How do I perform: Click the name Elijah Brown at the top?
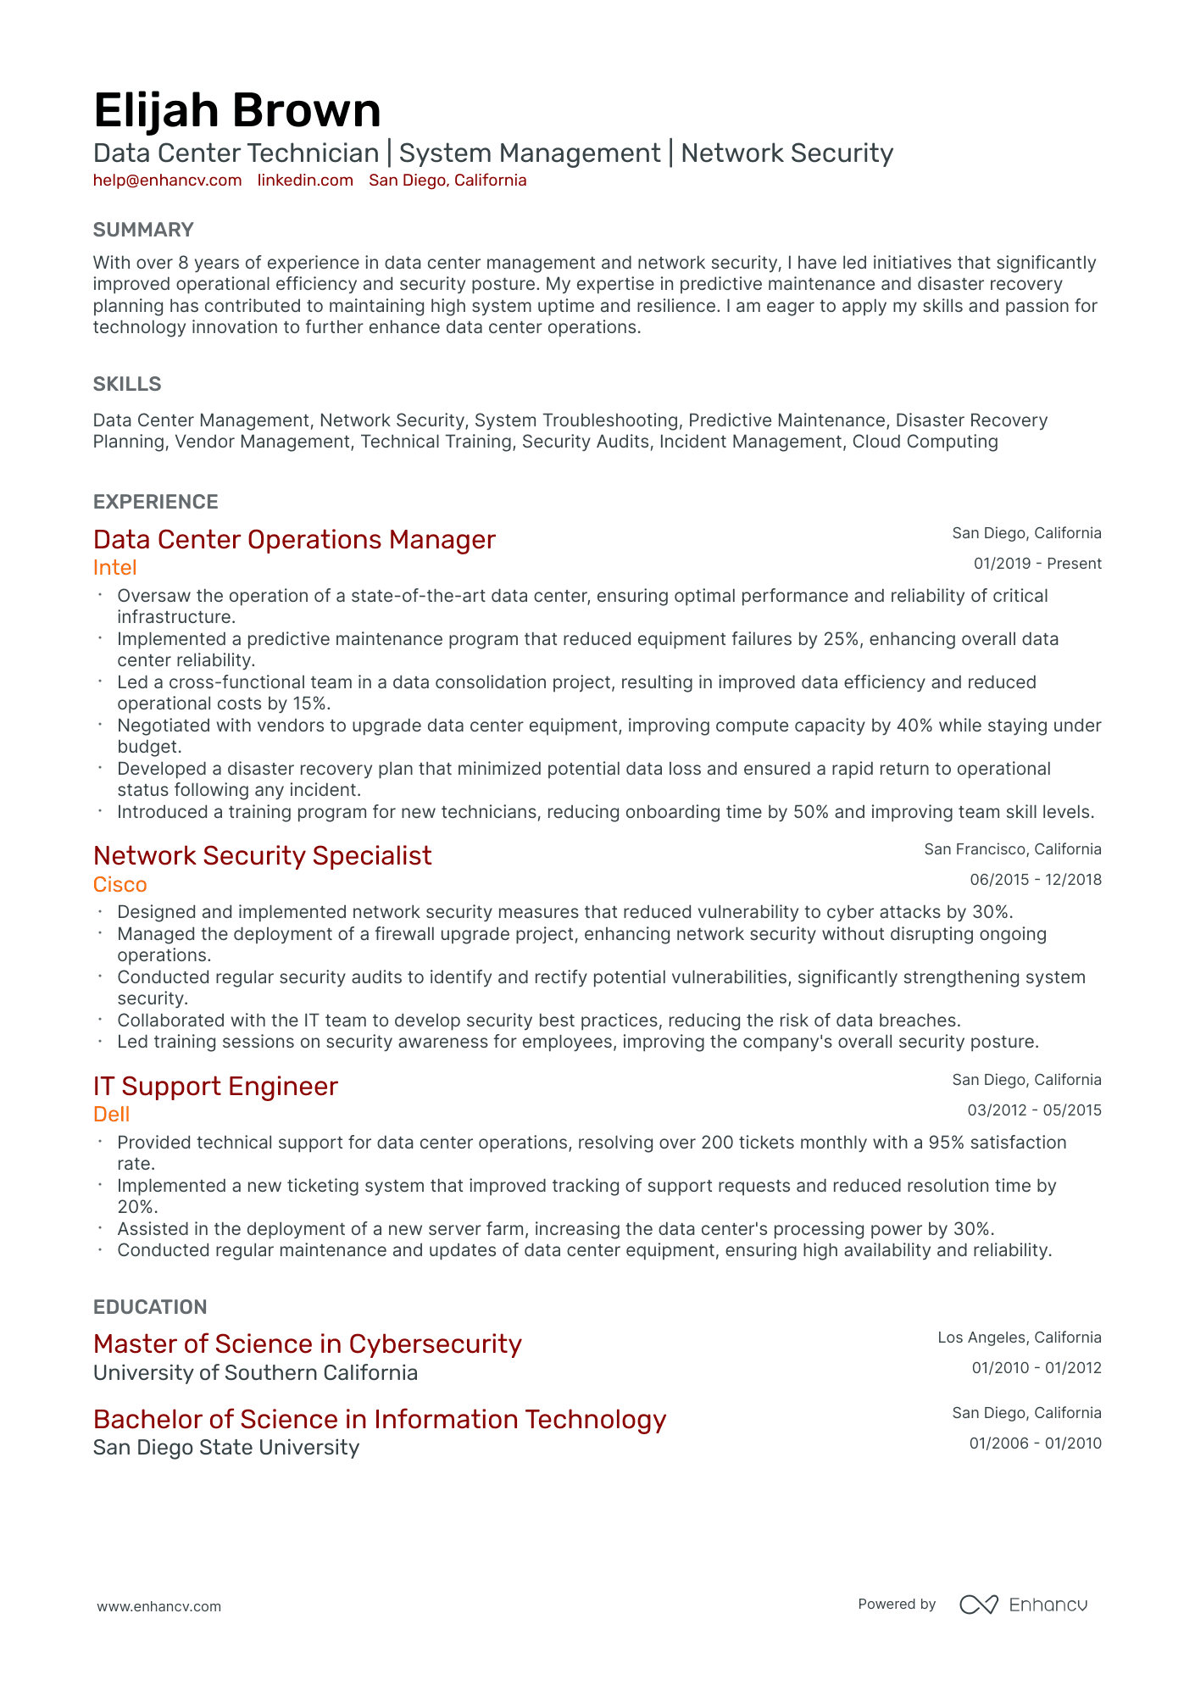(x=236, y=111)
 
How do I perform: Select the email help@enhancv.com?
(x=167, y=181)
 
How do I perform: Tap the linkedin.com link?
(x=305, y=181)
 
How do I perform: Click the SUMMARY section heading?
(x=143, y=230)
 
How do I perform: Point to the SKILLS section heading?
(x=127, y=384)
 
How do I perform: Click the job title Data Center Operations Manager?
(x=294, y=540)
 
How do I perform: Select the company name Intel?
(x=114, y=568)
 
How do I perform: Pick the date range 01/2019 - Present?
(x=1037, y=564)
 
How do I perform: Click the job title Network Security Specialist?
(x=262, y=856)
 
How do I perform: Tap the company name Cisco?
(x=119, y=885)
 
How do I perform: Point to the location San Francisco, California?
(x=1012, y=849)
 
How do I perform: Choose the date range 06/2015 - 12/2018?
(x=1035, y=880)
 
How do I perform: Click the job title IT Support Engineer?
(x=215, y=1087)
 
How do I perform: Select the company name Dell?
(x=111, y=1115)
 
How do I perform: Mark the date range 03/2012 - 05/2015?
(x=1034, y=1110)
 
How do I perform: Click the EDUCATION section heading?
(x=150, y=1307)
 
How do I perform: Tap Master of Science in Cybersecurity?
(x=307, y=1344)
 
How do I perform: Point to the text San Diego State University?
(x=225, y=1448)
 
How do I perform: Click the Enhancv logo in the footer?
(x=1023, y=1605)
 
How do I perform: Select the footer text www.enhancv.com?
(x=158, y=1606)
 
